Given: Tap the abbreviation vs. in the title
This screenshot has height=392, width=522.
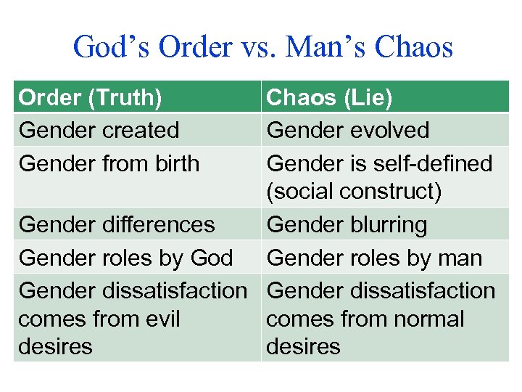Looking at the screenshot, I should click(x=257, y=48).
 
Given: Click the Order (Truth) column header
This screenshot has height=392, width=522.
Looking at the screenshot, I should click(x=91, y=97).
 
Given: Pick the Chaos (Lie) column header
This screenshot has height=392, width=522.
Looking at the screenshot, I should click(x=329, y=97).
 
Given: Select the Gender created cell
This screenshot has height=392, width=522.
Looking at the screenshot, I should click(x=99, y=131).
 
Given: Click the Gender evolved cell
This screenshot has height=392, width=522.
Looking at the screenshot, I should click(x=348, y=131).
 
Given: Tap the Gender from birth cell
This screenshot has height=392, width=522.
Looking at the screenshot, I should click(x=109, y=163).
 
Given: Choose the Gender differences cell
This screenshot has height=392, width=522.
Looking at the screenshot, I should click(x=117, y=224).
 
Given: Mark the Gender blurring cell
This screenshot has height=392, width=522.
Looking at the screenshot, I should click(x=347, y=224).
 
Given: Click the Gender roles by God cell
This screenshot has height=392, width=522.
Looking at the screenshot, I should click(x=125, y=258).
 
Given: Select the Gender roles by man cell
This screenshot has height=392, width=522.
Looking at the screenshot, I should click(x=374, y=258).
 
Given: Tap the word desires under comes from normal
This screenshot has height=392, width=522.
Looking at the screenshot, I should click(x=303, y=347).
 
